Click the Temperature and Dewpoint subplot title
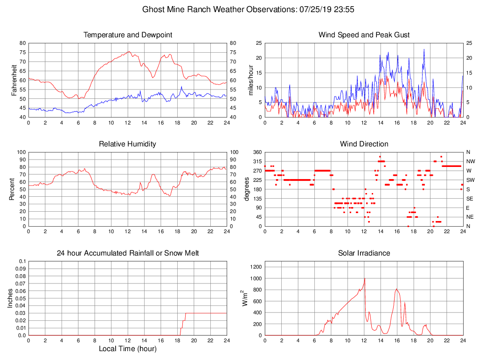pos(128,35)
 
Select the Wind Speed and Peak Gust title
pos(364,35)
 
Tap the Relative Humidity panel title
pos(128,144)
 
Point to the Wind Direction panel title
pos(364,144)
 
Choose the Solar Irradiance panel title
pos(364,253)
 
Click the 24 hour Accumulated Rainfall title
pos(128,253)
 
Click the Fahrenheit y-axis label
pos(14,80)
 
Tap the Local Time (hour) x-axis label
pos(128,348)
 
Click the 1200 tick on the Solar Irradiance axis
pos(256,267)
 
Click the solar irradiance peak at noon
pos(364,278)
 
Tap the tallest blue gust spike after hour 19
pos(424,49)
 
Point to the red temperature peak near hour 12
pos(129,52)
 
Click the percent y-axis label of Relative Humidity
pos(13,189)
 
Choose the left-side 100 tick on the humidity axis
pos(21,152)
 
